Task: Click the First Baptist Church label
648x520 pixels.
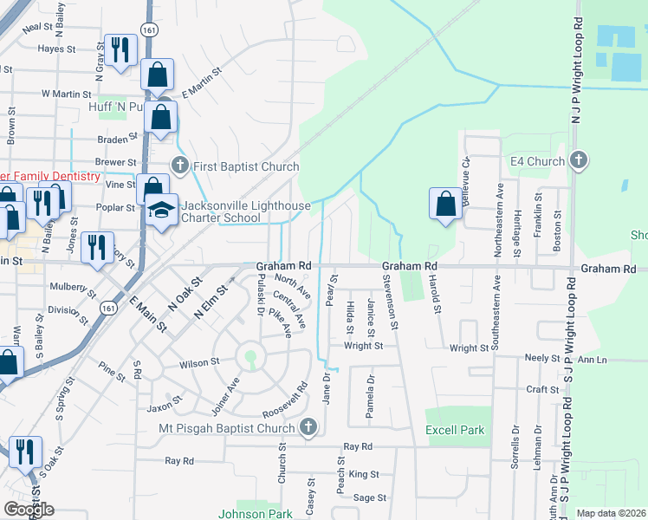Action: [x=244, y=166]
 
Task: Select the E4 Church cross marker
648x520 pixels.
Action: [x=580, y=160]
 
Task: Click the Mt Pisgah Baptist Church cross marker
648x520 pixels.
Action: [x=308, y=427]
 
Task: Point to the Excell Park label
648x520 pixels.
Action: [x=455, y=430]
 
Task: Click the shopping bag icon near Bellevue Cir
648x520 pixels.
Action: [x=445, y=204]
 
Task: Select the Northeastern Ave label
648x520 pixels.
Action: [x=498, y=218]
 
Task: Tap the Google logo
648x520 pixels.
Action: [x=29, y=510]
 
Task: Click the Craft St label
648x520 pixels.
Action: [x=542, y=390]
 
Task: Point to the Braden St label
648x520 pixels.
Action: [x=118, y=138]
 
